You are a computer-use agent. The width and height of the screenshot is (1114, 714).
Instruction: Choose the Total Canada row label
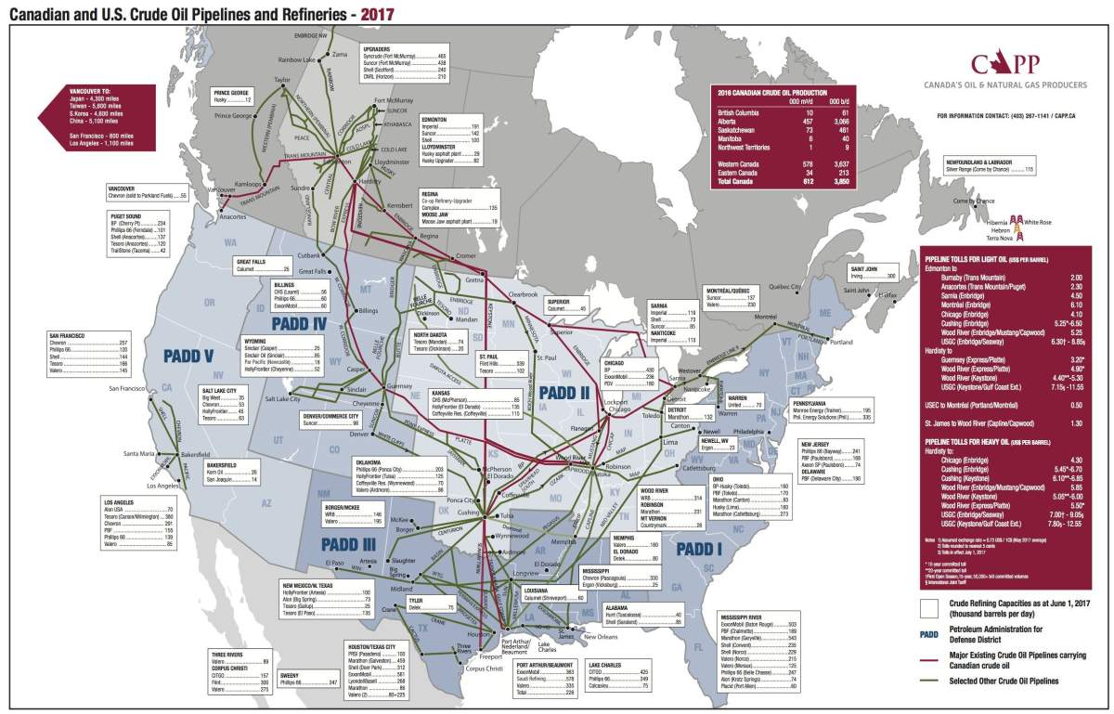click(x=738, y=182)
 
